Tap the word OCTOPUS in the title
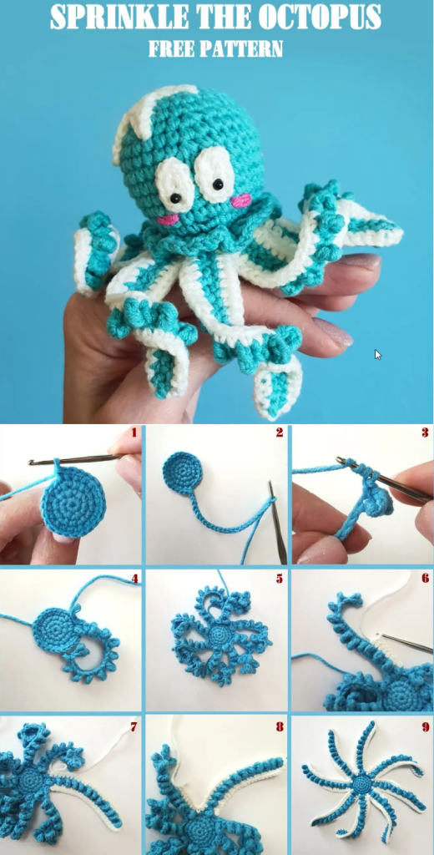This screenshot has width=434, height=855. (320, 18)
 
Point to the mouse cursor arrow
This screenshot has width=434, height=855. (378, 354)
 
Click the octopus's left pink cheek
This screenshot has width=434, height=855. (169, 220)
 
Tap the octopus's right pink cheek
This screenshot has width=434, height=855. (240, 200)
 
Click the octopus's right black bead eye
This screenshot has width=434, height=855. (218, 185)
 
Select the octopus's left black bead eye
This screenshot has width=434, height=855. (177, 197)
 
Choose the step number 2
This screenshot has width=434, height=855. (280, 433)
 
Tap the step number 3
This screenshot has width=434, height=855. (425, 433)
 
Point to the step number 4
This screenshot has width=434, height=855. (134, 578)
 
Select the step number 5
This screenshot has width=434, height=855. (280, 578)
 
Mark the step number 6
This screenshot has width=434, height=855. (425, 578)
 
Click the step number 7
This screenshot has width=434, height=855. (134, 726)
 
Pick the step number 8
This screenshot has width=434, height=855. (280, 726)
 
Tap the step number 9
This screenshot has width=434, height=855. (425, 726)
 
